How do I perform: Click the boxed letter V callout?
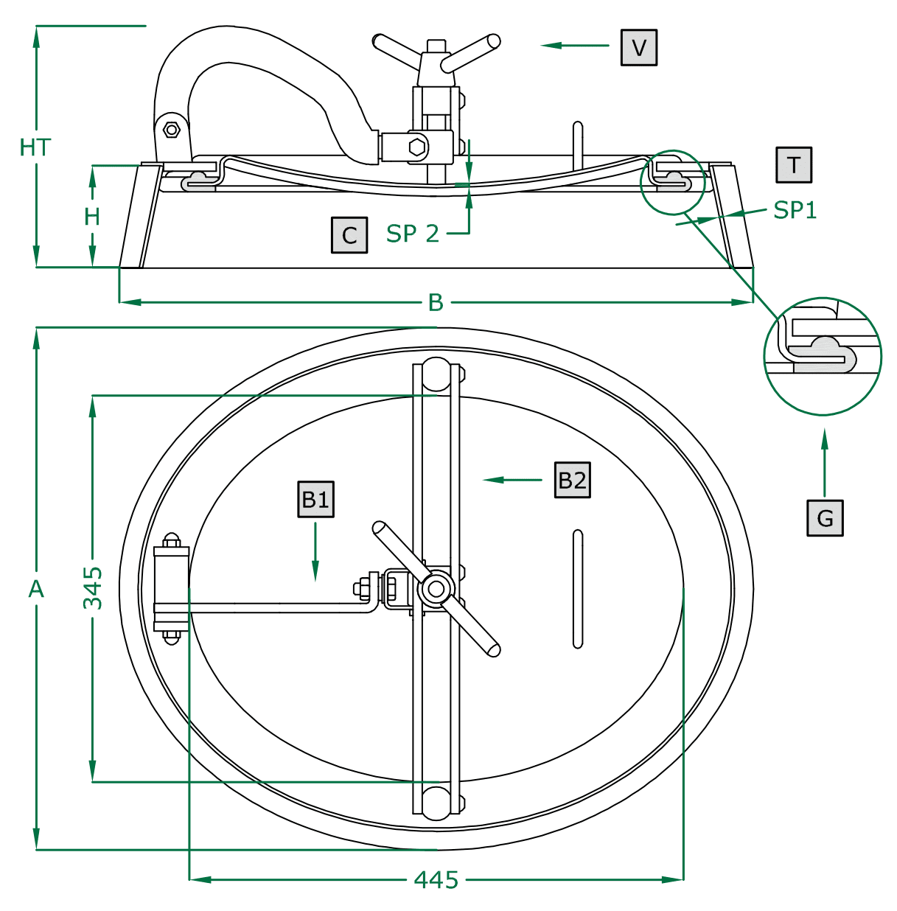[638, 48]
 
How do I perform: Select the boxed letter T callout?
[793, 165]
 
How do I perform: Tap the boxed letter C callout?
[349, 235]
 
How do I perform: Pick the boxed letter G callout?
[825, 518]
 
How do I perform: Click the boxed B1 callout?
[315, 500]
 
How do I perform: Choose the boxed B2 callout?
[572, 480]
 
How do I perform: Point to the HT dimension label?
[35, 147]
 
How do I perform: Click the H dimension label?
[92, 217]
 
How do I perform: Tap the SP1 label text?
[795, 211]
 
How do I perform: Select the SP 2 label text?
[413, 234]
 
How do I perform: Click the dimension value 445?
[436, 879]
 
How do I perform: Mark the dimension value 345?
[93, 588]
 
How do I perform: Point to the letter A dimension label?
[36, 589]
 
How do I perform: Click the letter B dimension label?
[436, 302]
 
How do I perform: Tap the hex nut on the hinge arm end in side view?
[172, 130]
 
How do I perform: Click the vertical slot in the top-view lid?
[578, 589]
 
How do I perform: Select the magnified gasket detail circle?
[823, 357]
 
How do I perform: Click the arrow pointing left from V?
[575, 46]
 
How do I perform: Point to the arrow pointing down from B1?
[315, 553]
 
